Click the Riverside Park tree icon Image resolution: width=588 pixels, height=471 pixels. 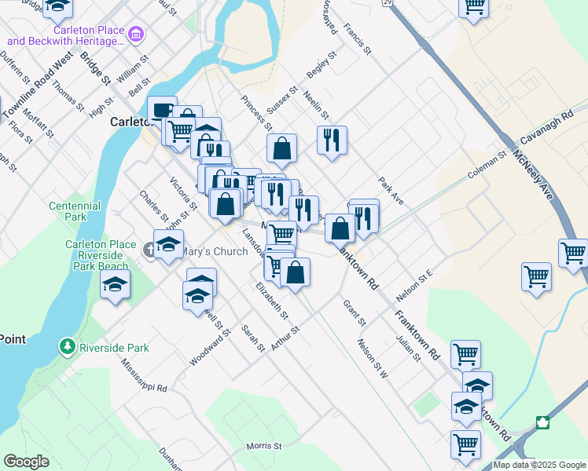(x=68, y=346)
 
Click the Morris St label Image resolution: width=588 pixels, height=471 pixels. (x=263, y=446)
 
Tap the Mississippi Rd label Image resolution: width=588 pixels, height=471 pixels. (x=145, y=376)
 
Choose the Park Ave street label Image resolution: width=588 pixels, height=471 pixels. (x=391, y=192)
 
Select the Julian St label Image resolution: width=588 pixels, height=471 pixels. (x=409, y=347)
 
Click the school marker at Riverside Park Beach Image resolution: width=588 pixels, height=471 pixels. (x=115, y=284)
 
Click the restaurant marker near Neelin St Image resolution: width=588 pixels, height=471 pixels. (x=332, y=140)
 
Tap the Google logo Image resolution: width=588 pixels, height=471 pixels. (x=26, y=462)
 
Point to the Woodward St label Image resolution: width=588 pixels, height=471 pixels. (x=210, y=347)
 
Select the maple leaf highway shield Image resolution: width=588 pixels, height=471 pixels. (x=542, y=423)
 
